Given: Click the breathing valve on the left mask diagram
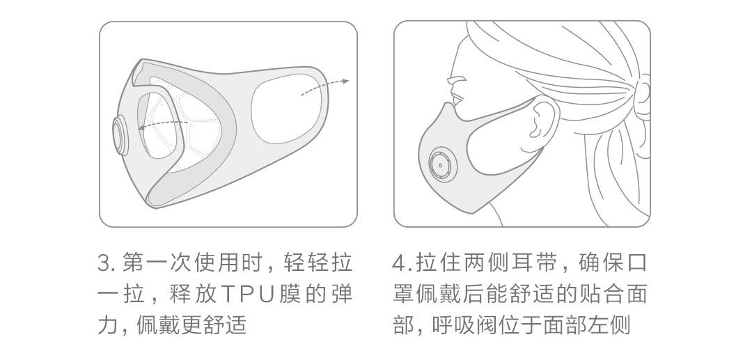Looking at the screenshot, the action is tap(120, 136).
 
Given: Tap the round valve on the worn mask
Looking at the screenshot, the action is tap(441, 164).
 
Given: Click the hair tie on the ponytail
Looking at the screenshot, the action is tap(643, 93).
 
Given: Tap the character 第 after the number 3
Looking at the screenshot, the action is tap(134, 264).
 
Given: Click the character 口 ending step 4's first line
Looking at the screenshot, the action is tap(637, 264).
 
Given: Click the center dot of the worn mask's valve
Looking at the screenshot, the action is tap(441, 165).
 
